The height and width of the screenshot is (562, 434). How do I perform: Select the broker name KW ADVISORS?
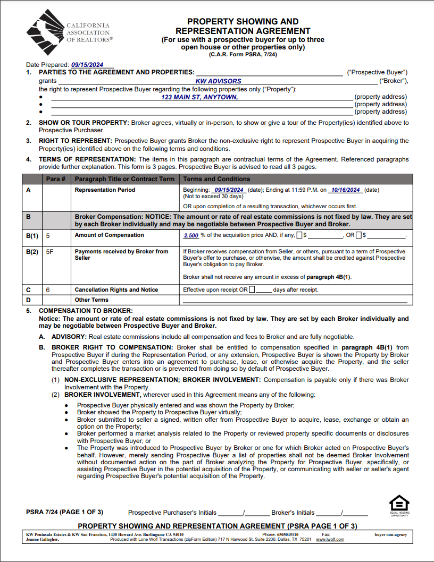218,81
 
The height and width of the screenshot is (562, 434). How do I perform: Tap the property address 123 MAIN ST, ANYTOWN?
199,97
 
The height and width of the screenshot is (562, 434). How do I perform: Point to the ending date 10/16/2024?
345,190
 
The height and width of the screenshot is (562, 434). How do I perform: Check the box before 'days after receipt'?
252,290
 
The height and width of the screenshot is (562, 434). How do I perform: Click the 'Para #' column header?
56,179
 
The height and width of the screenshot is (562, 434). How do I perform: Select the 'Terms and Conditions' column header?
216,179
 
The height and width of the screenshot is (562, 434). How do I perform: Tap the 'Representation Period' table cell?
105,190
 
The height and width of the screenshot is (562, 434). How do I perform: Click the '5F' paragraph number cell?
50,252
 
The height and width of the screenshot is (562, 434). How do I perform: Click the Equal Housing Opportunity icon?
399,504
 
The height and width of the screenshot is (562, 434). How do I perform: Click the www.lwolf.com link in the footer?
330,539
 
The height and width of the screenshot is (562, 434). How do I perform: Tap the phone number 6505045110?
288,534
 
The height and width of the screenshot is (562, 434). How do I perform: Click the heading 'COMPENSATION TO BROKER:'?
86,310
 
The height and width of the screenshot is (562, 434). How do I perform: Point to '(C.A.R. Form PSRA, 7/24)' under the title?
243,54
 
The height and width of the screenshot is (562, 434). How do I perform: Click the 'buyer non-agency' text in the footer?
390,534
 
